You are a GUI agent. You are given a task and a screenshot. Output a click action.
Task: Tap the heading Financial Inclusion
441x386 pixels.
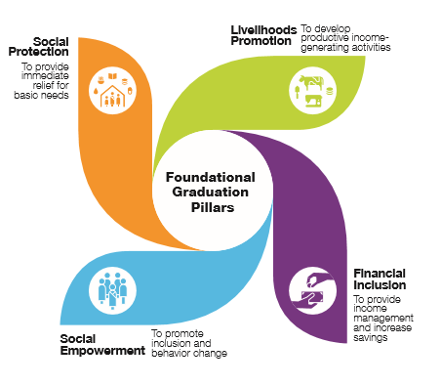point(379,279)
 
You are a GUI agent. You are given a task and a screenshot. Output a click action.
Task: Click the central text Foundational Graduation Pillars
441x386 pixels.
point(211,193)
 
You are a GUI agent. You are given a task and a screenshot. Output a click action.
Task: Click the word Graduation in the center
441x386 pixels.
point(211,193)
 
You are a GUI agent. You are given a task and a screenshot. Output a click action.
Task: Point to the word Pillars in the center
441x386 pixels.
point(211,208)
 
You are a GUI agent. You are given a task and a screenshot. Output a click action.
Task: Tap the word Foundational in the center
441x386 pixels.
point(211,177)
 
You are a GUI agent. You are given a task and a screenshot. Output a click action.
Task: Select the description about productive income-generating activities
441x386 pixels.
point(344,38)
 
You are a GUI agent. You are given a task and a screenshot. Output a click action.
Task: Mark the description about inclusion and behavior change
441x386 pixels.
point(189,343)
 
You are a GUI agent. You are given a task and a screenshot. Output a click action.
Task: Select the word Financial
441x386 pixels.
point(379,273)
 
